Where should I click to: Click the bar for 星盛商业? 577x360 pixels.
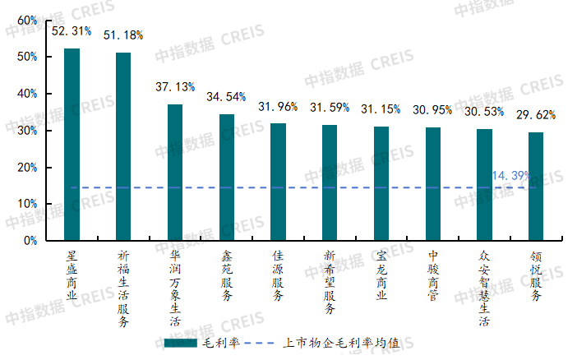[72, 144]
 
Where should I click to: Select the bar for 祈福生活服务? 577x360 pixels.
[123, 146]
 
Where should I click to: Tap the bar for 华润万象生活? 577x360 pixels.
[175, 172]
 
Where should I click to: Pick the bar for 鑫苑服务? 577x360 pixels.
[227, 177]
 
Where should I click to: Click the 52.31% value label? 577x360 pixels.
[72, 31]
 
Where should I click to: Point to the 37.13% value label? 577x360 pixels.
[175, 86]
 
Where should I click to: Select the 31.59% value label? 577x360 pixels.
[330, 108]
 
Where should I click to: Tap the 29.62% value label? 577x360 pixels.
[536, 115]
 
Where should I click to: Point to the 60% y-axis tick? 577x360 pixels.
[26, 20]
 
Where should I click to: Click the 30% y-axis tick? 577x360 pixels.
[26, 131]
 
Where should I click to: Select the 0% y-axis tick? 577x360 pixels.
[30, 241]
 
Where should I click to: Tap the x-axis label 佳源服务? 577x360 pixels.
[278, 275]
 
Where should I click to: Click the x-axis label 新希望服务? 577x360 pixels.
[330, 282]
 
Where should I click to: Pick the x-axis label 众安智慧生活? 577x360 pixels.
[484, 288]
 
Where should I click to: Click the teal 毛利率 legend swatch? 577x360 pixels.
[180, 343]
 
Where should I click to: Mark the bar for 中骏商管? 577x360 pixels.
[432, 184]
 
